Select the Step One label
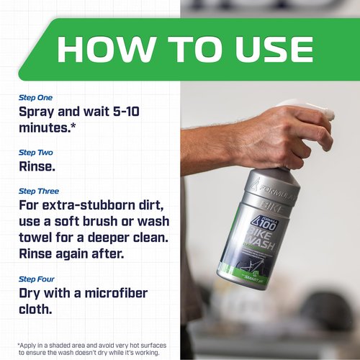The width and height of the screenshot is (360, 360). click(35, 97)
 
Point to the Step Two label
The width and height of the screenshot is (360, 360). click(35, 153)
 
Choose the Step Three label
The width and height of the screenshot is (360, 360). click(38, 191)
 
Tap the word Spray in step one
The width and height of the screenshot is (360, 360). click(41, 112)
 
